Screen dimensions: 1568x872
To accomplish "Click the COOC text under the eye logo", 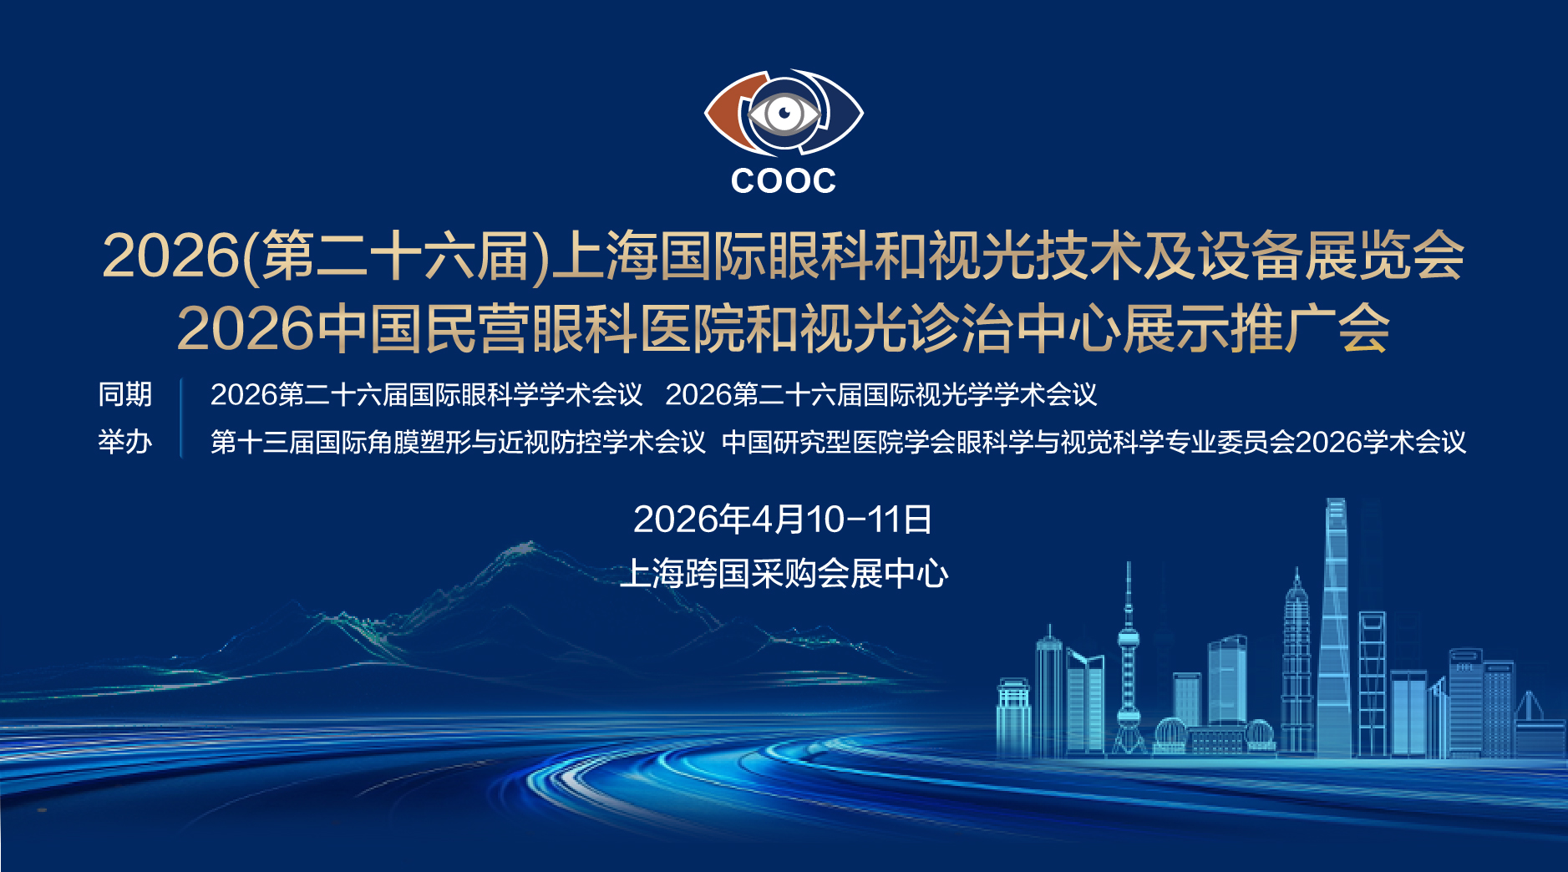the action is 783,180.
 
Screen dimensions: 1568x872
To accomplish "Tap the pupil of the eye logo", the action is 784,112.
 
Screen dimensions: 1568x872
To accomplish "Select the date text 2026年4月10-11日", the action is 783,520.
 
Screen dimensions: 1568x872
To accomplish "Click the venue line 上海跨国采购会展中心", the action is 784,574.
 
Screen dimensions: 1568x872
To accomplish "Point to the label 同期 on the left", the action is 125,394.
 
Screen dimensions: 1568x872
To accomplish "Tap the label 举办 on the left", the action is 125,441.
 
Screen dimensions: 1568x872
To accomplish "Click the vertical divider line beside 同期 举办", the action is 181,418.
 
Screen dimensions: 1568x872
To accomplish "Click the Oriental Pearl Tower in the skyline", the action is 1129,660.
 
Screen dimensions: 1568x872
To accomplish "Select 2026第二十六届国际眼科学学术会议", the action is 426,394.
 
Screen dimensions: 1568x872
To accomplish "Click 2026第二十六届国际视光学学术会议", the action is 881,394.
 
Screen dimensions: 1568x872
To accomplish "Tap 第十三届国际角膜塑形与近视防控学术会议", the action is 459,442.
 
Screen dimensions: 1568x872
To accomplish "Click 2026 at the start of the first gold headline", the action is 170,256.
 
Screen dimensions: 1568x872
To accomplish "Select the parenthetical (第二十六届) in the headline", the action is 396,256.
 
